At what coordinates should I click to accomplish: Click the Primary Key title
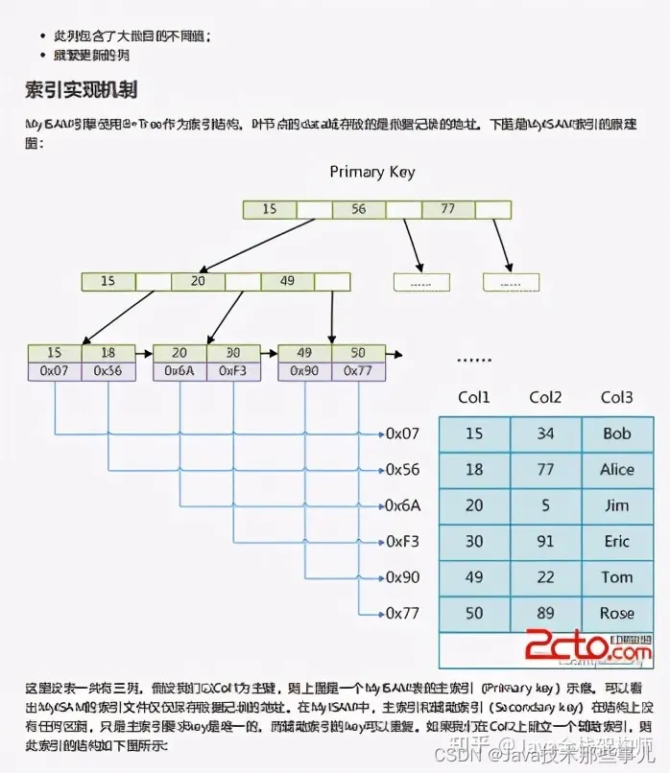tap(372, 172)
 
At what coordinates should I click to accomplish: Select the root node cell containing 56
tap(358, 209)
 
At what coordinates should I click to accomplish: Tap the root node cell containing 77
tap(446, 209)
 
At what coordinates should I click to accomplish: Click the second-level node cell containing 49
tap(286, 281)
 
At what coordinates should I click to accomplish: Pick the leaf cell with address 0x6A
tap(179, 371)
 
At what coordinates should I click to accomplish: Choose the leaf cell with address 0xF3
tap(233, 371)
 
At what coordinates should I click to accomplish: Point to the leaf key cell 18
tap(108, 353)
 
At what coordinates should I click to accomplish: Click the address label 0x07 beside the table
tap(403, 433)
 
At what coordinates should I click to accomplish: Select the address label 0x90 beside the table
tap(403, 577)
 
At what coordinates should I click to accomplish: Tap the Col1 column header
tap(474, 398)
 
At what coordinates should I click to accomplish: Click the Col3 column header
tap(617, 398)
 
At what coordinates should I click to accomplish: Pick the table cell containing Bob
tap(617, 433)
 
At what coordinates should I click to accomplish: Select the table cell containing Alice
tap(617, 470)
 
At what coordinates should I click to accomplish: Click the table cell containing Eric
tap(617, 542)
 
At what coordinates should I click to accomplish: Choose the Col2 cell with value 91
tap(545, 542)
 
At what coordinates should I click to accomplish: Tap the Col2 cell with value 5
tap(545, 505)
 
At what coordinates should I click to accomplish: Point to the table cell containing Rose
tap(617, 614)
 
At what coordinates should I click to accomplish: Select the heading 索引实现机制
tap(82, 90)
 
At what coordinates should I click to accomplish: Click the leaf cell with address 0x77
tap(358, 371)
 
